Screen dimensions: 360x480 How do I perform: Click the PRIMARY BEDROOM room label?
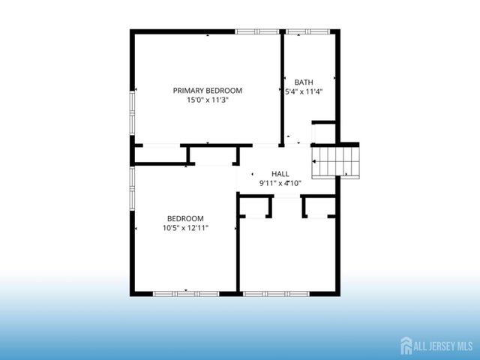click(207, 90)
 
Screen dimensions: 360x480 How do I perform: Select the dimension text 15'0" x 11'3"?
click(207, 99)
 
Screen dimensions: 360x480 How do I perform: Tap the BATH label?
click(304, 82)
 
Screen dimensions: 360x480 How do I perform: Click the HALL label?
click(280, 173)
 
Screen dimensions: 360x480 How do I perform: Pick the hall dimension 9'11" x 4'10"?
click(280, 182)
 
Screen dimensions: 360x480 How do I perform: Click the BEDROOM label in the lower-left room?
click(185, 218)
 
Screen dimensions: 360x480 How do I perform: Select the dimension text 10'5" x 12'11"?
click(185, 227)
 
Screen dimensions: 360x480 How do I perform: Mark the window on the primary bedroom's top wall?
click(257, 31)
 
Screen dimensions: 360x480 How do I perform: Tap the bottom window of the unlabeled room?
click(275, 293)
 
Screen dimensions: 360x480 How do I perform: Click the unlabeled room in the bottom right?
click(286, 251)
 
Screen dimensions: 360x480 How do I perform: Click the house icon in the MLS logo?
click(407, 345)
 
